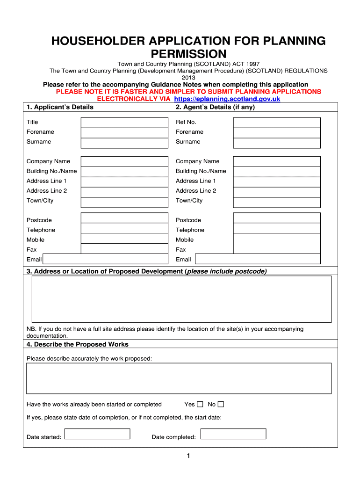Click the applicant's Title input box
(124, 122)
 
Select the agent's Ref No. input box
(277, 122)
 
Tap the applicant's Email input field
(105, 259)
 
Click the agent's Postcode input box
(277, 218)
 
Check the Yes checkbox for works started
(200, 404)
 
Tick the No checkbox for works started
(221, 404)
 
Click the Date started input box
(97, 434)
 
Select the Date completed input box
(233, 434)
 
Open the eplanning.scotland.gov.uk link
(227, 99)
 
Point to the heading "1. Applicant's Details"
(60, 107)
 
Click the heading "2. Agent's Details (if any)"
(215, 107)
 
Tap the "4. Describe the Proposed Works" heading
(77, 344)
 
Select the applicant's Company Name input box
(124, 161)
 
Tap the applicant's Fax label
(32, 250)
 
